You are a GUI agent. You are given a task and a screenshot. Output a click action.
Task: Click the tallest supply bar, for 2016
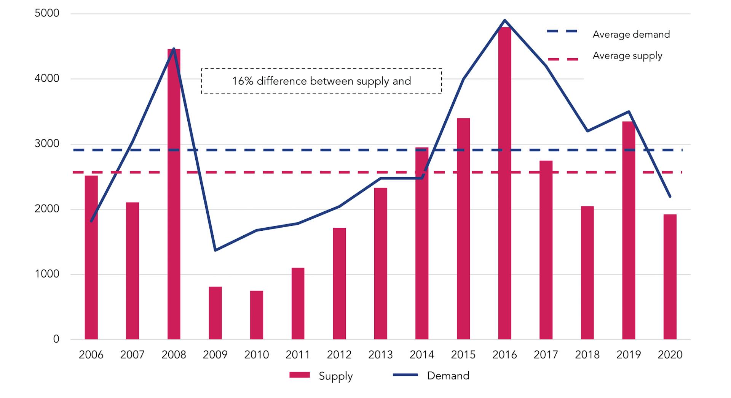[504, 182]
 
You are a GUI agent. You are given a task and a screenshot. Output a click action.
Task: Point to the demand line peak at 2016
[504, 20]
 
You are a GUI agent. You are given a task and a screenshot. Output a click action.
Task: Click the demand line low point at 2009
[215, 250]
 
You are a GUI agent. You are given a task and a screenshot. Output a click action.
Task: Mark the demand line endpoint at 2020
[670, 197]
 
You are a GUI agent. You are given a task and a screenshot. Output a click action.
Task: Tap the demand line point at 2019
[629, 112]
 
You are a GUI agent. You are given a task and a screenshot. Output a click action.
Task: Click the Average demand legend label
[631, 35]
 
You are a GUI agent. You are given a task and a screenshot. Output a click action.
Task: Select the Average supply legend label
[627, 56]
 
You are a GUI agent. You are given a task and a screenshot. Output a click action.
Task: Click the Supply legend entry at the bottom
[335, 376]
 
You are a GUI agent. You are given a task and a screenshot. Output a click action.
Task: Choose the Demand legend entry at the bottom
[448, 376]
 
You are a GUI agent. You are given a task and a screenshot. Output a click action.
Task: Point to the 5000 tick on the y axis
[47, 13]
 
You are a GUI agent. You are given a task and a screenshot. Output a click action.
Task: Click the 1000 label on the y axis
[47, 274]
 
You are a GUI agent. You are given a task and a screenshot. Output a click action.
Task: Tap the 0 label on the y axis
[56, 339]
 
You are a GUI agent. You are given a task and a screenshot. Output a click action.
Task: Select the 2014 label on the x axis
[421, 355]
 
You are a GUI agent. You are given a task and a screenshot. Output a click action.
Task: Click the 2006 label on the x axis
[91, 355]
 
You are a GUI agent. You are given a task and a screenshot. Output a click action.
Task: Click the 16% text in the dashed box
[243, 81]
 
